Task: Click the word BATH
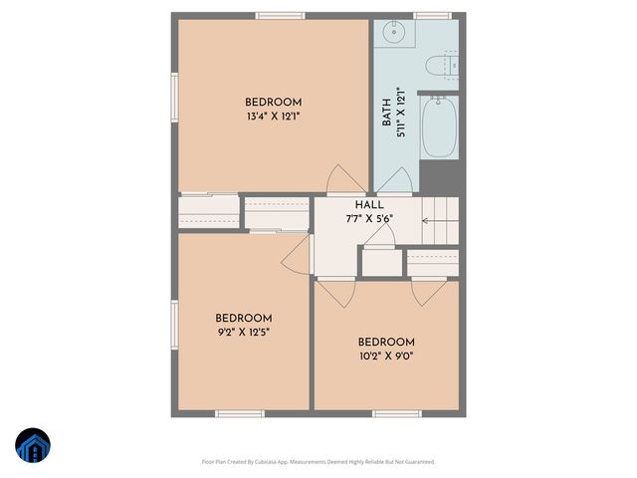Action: point(386,112)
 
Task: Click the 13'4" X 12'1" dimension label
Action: point(274,116)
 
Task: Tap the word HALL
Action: point(369,204)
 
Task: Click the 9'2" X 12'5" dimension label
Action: point(243,332)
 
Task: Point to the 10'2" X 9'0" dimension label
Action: point(386,355)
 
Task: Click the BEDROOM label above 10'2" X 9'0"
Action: point(386,342)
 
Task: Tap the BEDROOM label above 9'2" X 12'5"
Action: point(243,319)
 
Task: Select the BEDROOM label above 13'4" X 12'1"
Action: point(274,103)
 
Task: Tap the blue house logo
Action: point(32,446)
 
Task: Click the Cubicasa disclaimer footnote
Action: point(318,461)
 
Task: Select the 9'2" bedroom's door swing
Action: point(297,258)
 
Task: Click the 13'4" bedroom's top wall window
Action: point(280,15)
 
